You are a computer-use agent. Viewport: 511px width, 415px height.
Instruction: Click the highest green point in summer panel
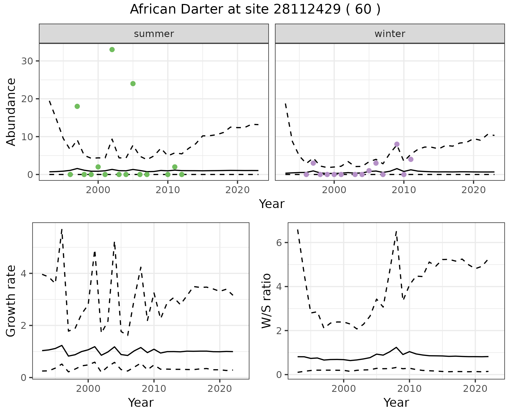coord(112,50)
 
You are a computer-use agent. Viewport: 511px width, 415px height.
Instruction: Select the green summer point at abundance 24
coord(133,84)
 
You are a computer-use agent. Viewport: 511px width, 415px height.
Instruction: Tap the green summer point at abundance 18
coord(77,106)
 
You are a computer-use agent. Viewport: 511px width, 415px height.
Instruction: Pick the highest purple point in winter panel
coord(397,144)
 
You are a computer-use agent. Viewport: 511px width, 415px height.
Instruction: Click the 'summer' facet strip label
coord(154,34)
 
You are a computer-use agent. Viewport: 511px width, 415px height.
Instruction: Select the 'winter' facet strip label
coord(390,34)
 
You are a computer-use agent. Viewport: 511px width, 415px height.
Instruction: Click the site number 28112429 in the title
coord(307,10)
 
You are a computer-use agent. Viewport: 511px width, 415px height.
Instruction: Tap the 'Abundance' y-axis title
coord(11,112)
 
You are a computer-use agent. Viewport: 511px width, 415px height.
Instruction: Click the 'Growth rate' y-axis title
coord(11,301)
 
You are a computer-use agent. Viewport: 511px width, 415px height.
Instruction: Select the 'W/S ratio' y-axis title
coord(266,301)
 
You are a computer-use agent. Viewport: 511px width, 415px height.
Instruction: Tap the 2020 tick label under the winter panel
coord(473,190)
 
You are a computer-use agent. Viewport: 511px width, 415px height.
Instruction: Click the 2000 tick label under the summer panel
coord(98,190)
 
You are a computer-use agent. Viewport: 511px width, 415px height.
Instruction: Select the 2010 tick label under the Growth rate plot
coord(154,389)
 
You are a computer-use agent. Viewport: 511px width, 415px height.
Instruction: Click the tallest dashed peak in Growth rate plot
coord(62,229)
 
